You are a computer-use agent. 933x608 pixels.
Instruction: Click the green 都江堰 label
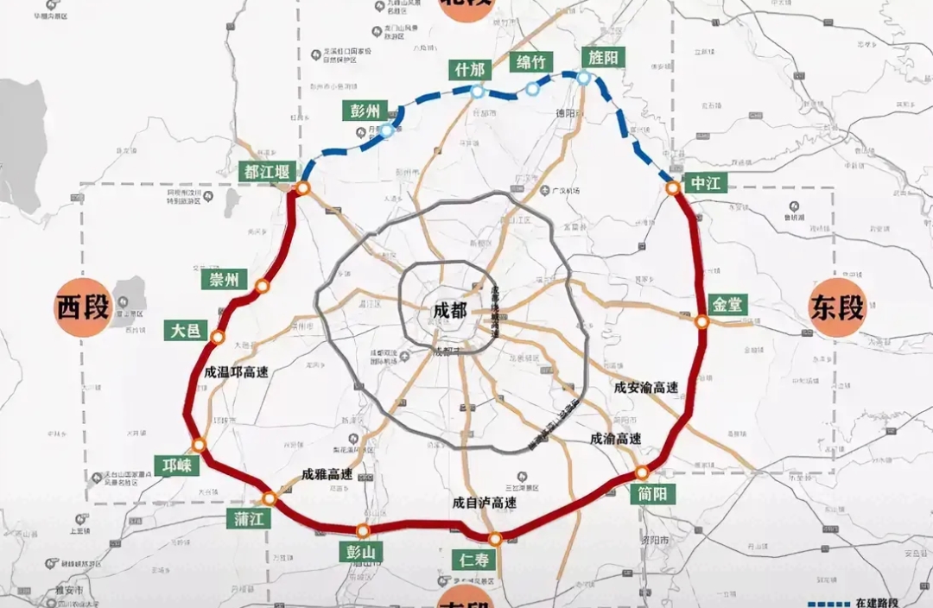[x=270, y=171]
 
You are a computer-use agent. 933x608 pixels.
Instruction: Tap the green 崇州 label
[x=224, y=280]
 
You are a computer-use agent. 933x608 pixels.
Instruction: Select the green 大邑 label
[x=186, y=329]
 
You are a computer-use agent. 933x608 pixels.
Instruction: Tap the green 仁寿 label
[x=474, y=560]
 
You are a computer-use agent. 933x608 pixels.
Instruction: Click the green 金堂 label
[x=727, y=305]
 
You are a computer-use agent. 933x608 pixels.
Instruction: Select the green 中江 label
[x=705, y=183]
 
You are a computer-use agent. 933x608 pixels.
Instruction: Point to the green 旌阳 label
[x=603, y=56]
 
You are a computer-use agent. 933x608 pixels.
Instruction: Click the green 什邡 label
[x=468, y=70]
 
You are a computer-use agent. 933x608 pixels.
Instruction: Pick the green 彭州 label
[x=359, y=111]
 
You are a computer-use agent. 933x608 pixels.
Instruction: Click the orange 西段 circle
[x=84, y=307]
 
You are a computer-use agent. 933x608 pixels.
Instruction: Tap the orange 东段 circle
[x=837, y=307]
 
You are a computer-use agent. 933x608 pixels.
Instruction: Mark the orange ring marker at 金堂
[x=702, y=322]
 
